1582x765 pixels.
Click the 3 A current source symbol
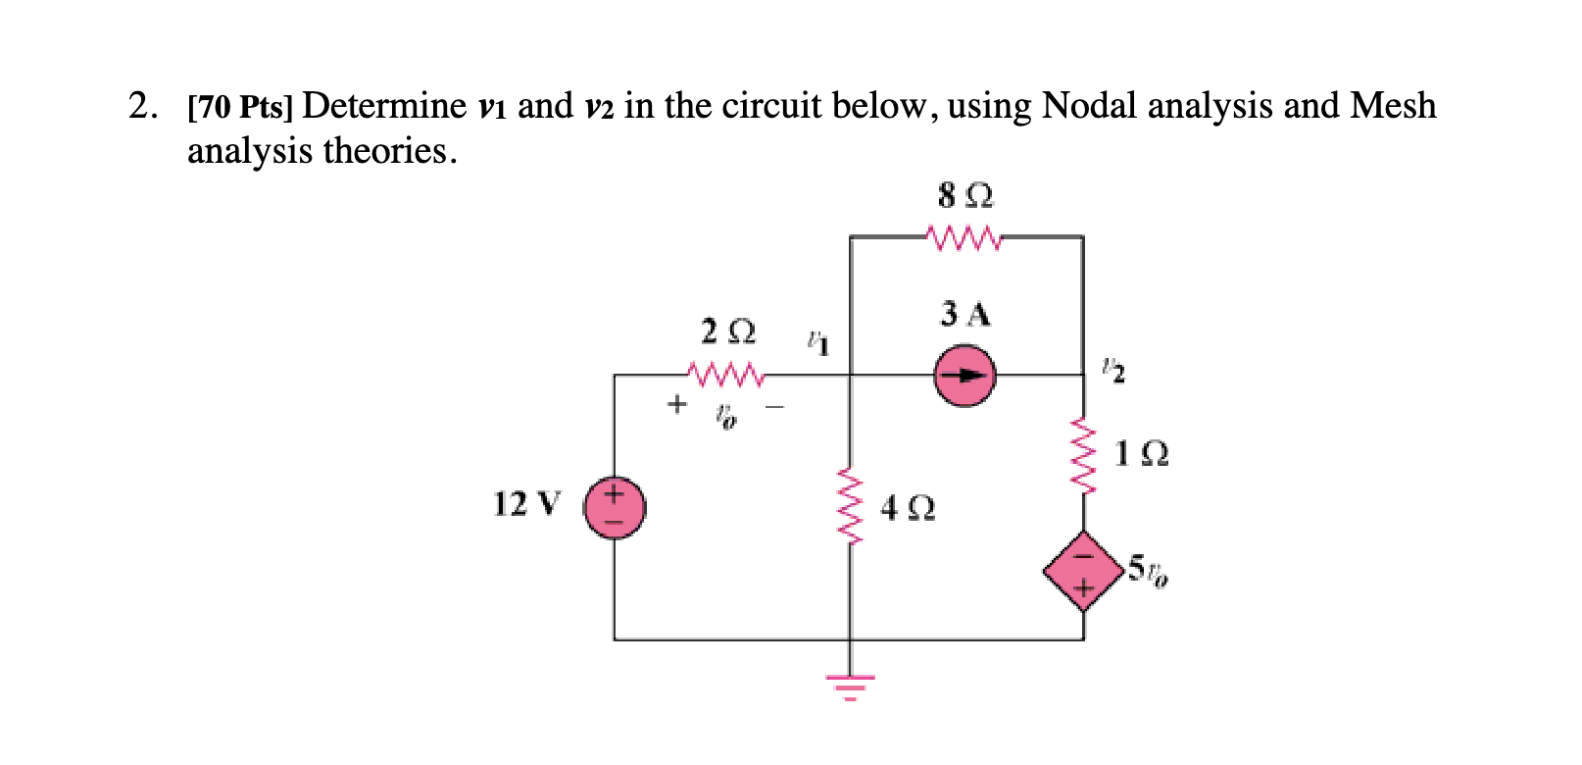point(964,376)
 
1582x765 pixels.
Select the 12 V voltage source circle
point(615,508)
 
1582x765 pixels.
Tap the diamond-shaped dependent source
point(1083,571)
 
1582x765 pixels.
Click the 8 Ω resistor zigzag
point(964,237)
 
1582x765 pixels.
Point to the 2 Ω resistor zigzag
point(725,375)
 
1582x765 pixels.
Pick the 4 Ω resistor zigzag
point(850,506)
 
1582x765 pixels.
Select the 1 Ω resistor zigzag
point(1083,455)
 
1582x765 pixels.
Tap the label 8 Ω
point(965,196)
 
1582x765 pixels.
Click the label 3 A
point(965,315)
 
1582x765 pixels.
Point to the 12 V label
point(526,504)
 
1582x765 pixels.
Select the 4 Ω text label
point(908,508)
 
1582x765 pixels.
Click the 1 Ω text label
point(1142,454)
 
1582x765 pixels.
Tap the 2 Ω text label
point(728,331)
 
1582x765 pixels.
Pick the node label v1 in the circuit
point(817,343)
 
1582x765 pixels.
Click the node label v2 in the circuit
point(1112,371)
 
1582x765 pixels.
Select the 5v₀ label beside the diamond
point(1147,570)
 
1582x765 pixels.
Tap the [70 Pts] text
point(240,107)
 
